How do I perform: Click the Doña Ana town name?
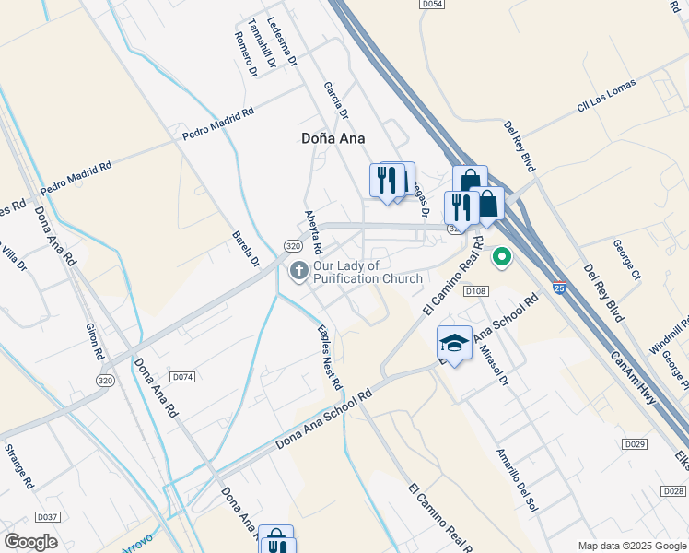coord(333,138)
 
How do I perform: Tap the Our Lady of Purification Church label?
coord(368,272)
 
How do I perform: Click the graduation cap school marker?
coord(453,344)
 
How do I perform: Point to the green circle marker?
coord(502,256)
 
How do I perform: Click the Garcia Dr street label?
coord(336,100)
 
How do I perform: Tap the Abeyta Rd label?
coord(314,231)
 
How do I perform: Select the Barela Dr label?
coord(243,246)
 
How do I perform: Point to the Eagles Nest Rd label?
coord(330,357)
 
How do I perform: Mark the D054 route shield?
coord(432,5)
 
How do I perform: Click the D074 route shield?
coord(182,377)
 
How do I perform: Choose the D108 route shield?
coord(474,291)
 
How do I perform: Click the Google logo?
coord(30,541)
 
